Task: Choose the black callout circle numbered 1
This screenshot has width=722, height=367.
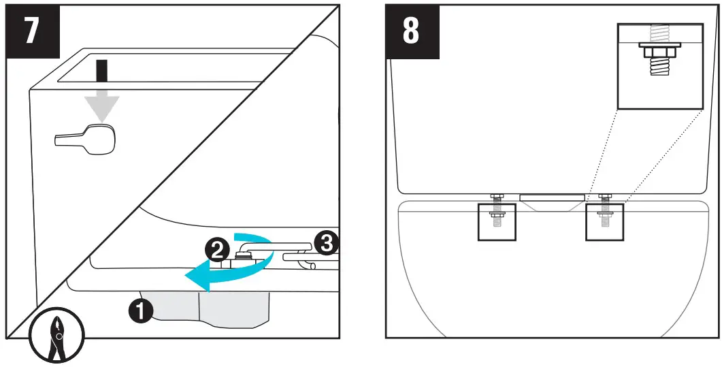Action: pyautogui.click(x=140, y=311)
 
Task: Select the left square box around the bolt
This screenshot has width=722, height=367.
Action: pyautogui.click(x=496, y=221)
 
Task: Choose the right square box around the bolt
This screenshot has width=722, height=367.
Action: pyautogui.click(x=605, y=221)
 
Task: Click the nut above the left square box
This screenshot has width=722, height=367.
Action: pyautogui.click(x=496, y=197)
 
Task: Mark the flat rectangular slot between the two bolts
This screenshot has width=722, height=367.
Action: pyautogui.click(x=552, y=197)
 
